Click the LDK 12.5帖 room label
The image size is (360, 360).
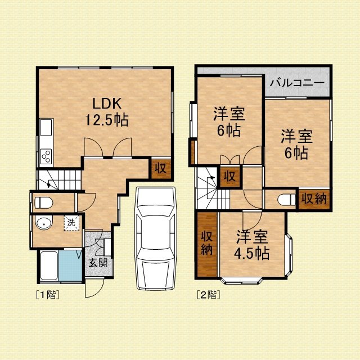107,111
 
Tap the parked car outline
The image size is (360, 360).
156,238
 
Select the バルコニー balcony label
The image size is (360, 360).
297,83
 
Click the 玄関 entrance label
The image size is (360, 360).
98,263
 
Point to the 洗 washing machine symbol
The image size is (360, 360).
71,223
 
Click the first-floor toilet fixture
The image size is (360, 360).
44,202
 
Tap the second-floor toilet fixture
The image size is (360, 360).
286,199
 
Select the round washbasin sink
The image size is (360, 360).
44,222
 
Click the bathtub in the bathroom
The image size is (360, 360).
49,265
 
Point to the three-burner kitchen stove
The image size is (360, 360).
46,156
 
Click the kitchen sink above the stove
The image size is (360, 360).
46,127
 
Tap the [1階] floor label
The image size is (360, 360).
48,295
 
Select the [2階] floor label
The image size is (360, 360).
209,295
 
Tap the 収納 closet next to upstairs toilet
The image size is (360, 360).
314,199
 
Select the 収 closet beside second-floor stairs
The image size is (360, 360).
230,176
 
